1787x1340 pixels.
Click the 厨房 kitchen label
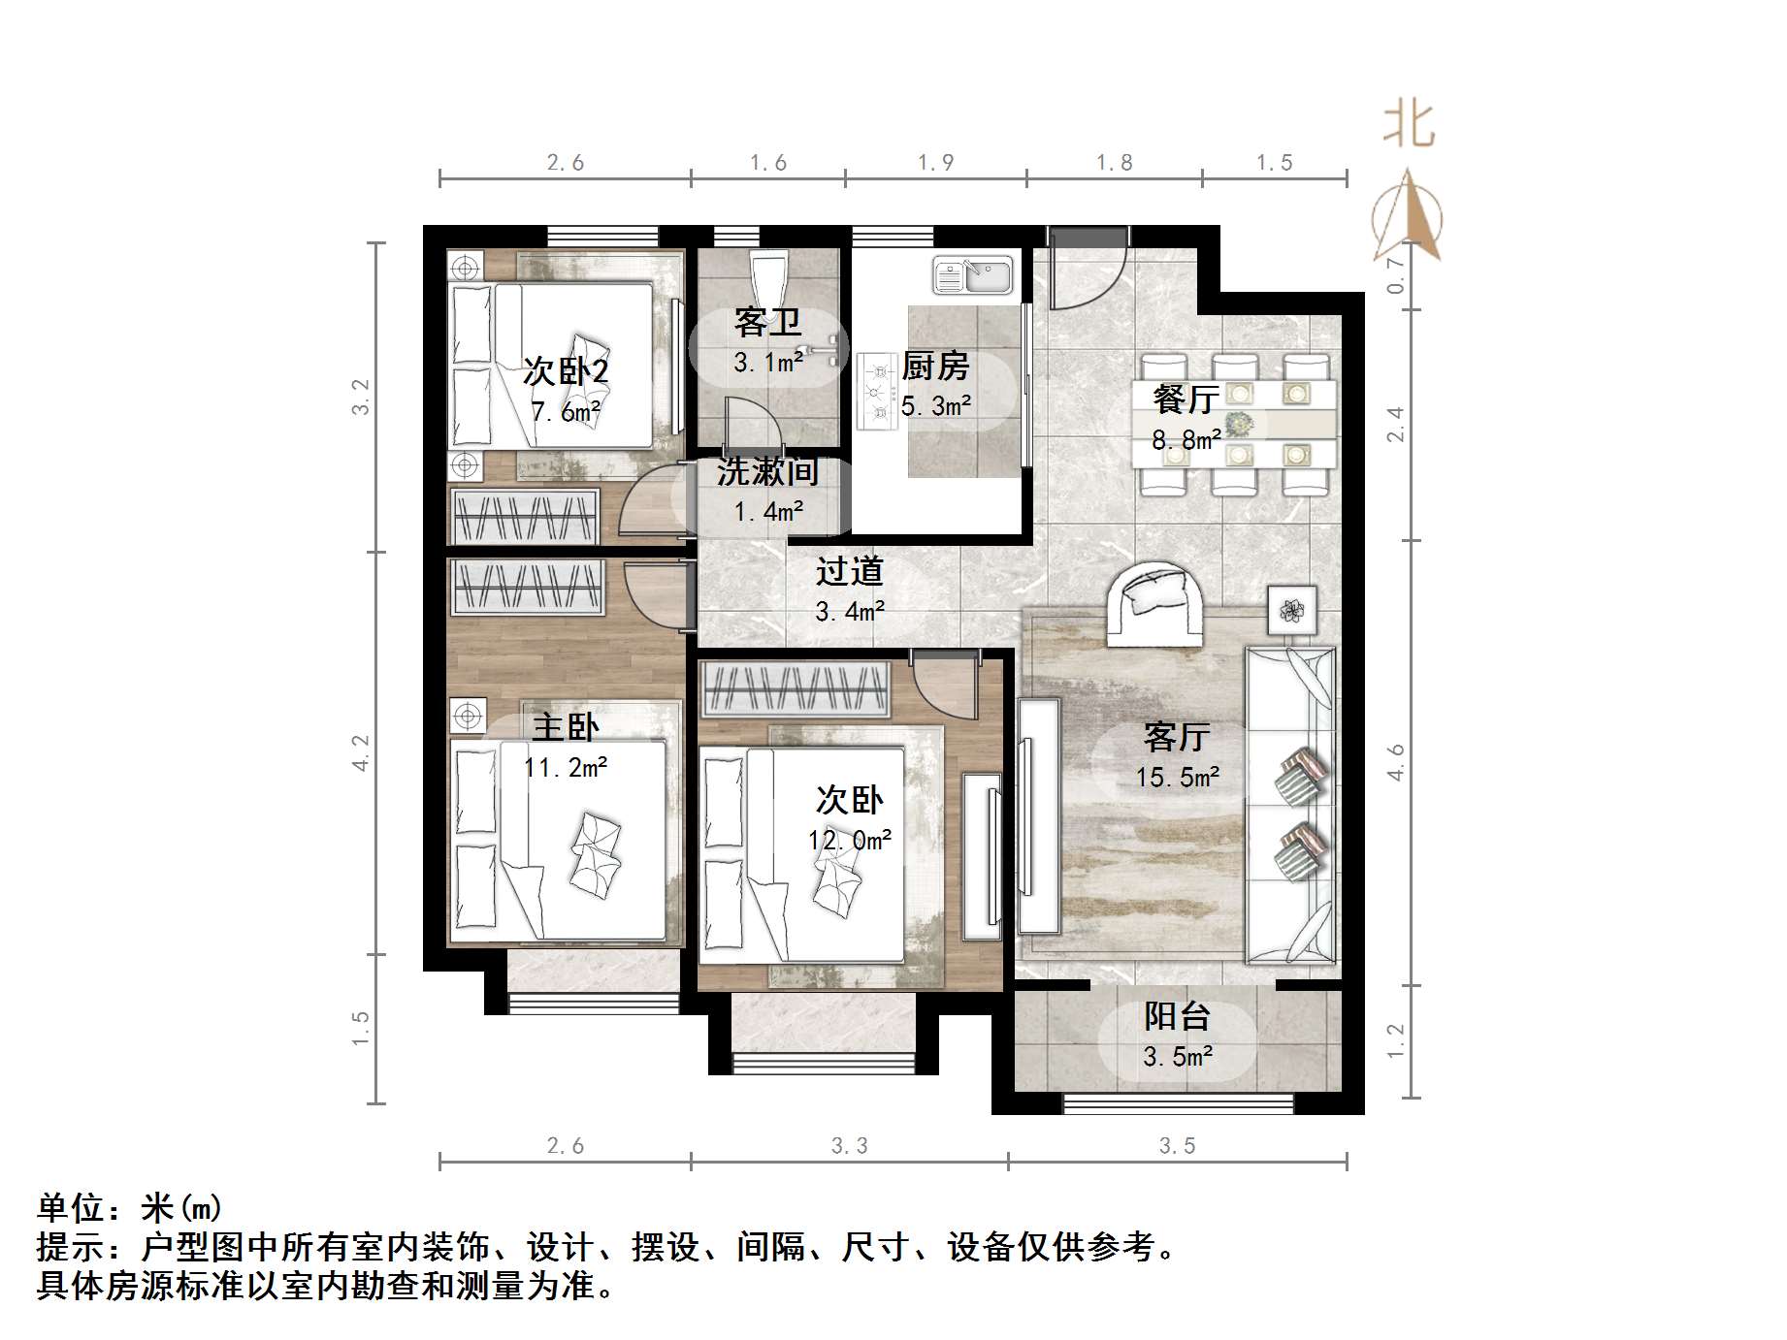click(x=935, y=367)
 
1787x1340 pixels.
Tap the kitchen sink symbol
click(x=972, y=275)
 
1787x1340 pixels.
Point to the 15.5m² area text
click(x=1178, y=778)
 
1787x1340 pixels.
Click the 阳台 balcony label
click(x=1177, y=1016)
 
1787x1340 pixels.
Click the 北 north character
click(x=1409, y=126)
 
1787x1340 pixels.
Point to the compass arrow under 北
click(x=1408, y=218)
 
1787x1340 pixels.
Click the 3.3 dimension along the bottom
click(x=849, y=1146)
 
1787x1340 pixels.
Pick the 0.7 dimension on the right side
click(x=1395, y=275)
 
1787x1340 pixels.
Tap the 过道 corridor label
click(x=849, y=572)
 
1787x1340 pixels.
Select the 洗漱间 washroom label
click(x=768, y=471)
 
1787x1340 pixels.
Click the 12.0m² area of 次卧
click(x=850, y=840)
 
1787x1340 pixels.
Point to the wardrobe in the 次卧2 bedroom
click(x=525, y=516)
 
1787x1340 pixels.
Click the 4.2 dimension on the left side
click(x=360, y=752)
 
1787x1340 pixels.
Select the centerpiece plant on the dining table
click(x=1238, y=424)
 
